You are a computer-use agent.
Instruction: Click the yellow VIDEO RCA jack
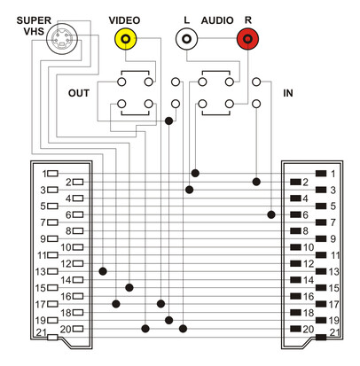[x=126, y=39]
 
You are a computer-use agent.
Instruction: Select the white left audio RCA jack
[x=186, y=39]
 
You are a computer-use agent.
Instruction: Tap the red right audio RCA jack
[x=247, y=39]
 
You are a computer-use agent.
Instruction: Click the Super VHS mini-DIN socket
[x=62, y=39]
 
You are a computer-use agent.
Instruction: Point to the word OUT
[x=79, y=93]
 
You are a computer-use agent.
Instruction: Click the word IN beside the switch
[x=288, y=93]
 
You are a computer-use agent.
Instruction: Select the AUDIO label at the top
[x=217, y=20]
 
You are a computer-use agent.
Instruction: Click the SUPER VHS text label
[x=34, y=26]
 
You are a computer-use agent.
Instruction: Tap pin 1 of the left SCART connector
[x=53, y=174]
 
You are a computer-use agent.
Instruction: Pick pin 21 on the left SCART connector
[x=52, y=337]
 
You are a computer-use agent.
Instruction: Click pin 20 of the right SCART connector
[x=295, y=329]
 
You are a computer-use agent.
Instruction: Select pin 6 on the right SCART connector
[x=295, y=214]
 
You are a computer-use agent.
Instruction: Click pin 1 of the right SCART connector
[x=321, y=174]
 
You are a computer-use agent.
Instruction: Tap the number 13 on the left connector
[x=41, y=271]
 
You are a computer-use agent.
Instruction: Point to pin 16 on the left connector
[x=78, y=296]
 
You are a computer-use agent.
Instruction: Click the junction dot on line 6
[x=271, y=214]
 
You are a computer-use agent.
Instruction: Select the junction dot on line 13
[x=103, y=271]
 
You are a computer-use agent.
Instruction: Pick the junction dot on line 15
[x=129, y=287]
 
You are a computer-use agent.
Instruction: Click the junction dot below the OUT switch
[x=168, y=121]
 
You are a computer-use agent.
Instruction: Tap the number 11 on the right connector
[x=334, y=255]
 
